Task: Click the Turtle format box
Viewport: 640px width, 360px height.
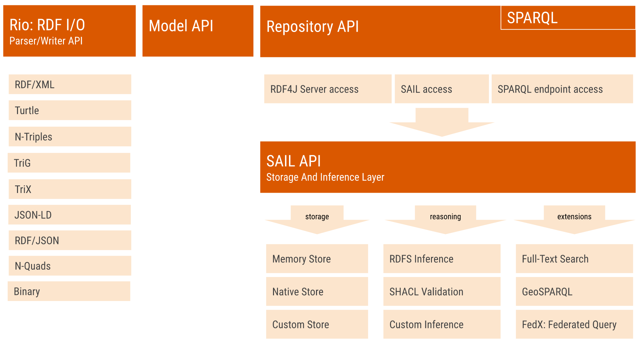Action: pos(70,110)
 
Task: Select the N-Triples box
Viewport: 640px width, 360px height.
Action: pos(70,137)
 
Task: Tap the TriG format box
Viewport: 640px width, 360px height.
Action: pos(69,163)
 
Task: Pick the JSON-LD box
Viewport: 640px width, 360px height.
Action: pos(70,215)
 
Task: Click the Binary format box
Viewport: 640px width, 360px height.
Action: pos(69,291)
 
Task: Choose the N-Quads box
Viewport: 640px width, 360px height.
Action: pos(70,266)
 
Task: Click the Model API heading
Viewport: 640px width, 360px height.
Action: pos(181,26)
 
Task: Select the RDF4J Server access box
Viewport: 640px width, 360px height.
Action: pos(328,89)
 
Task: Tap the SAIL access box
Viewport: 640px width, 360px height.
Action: pos(441,89)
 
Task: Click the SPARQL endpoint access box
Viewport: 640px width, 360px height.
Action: pos(562,89)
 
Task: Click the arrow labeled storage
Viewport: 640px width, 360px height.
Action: pos(317,220)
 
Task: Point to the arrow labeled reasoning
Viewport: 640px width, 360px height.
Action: pos(445,220)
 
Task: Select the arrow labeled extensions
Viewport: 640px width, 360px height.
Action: pos(574,220)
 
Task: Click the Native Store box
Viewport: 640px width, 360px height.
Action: pos(317,292)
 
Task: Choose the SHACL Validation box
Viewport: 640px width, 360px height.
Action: pos(442,292)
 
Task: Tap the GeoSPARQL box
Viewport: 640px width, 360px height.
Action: pos(574,292)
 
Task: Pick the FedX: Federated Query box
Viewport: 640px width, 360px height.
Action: pos(574,324)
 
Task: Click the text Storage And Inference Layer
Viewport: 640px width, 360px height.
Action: pos(325,177)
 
